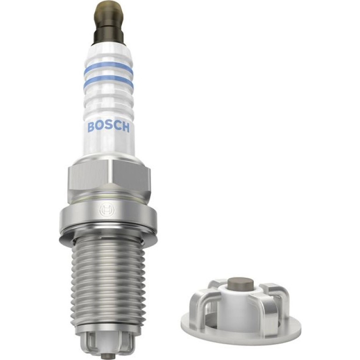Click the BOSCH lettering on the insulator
pyautogui.click(x=108, y=127)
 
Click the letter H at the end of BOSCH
pyautogui.click(x=126, y=127)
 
